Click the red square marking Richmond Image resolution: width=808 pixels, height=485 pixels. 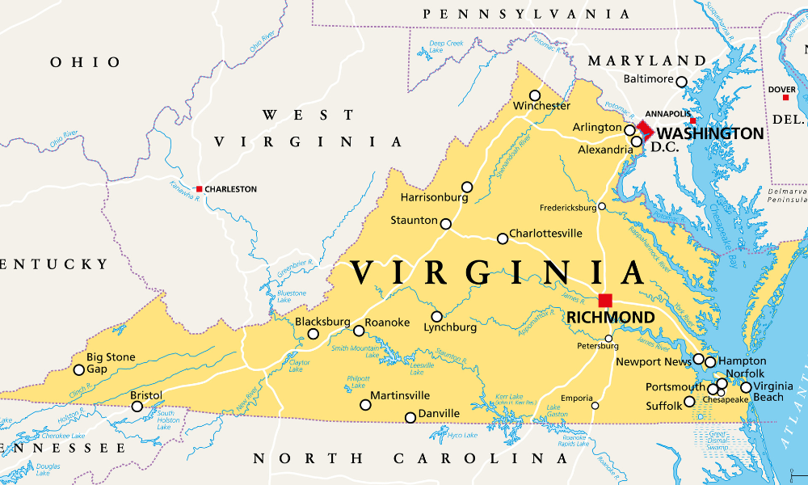point(605,300)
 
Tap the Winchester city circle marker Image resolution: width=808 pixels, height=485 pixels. point(535,95)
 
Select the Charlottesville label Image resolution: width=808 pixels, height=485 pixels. point(545,234)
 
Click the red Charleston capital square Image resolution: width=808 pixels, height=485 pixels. point(200,189)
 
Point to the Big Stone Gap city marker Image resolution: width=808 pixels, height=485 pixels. point(79,370)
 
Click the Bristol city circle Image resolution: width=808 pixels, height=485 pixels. point(137,407)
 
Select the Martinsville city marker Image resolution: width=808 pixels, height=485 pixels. point(365,404)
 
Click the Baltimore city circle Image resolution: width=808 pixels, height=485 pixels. point(681,82)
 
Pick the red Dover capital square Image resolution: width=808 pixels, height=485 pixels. point(785,98)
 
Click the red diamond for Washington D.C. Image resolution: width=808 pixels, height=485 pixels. point(645,129)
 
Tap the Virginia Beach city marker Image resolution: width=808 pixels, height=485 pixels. point(746,387)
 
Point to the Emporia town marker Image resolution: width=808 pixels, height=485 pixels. point(595,406)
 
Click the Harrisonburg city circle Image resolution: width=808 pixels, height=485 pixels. point(467,187)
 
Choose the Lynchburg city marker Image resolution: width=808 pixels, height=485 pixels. point(437,316)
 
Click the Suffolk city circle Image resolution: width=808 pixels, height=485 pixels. point(689,402)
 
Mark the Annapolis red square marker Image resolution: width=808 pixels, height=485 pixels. point(692,121)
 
